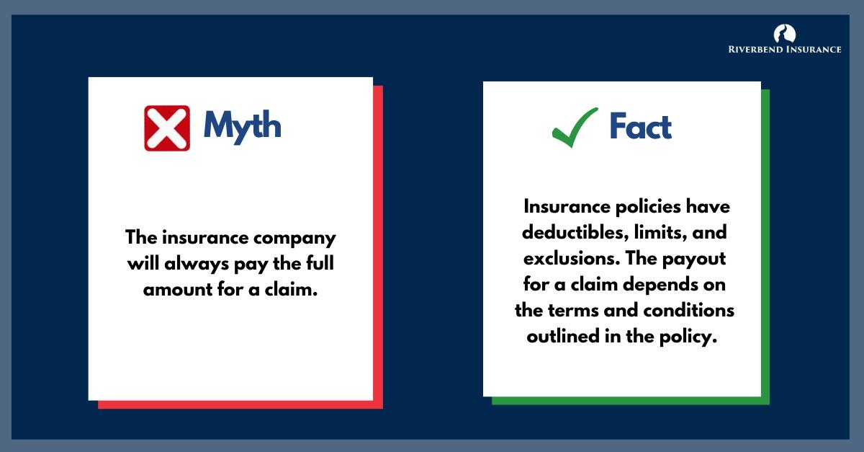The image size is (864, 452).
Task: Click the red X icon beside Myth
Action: point(167,128)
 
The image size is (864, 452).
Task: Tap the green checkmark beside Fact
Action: point(575,127)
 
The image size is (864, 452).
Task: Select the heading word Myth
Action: point(242,127)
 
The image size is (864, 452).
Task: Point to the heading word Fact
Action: point(640,127)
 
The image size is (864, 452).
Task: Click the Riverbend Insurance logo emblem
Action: point(784,32)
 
